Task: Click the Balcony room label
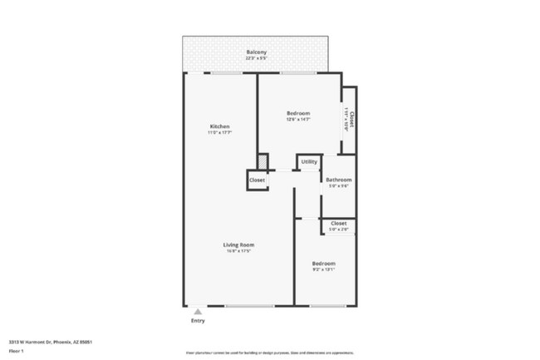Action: pyautogui.click(x=256, y=52)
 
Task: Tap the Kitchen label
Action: pyautogui.click(x=219, y=126)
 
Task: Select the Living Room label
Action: pyautogui.click(x=238, y=244)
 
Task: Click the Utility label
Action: pyautogui.click(x=309, y=162)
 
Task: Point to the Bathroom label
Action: pyautogui.click(x=338, y=180)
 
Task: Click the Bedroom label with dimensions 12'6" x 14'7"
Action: pyautogui.click(x=298, y=113)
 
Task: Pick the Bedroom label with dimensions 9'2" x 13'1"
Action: pyautogui.click(x=324, y=264)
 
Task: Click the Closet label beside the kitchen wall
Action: pyautogui.click(x=257, y=180)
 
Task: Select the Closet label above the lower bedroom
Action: pyautogui.click(x=339, y=223)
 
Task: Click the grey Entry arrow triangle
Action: pyautogui.click(x=198, y=312)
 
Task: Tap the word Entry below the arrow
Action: pyautogui.click(x=198, y=321)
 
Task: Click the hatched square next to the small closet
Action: pyautogui.click(x=263, y=160)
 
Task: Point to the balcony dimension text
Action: pyautogui.click(x=256, y=58)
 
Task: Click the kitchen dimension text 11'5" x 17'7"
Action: pyautogui.click(x=219, y=132)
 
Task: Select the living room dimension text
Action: pyautogui.click(x=238, y=251)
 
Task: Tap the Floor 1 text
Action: pyautogui.click(x=17, y=352)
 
